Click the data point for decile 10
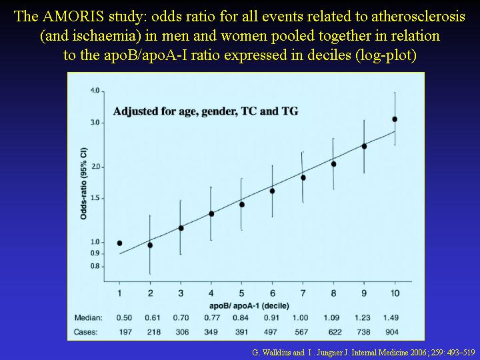coord(395,119)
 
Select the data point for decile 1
coord(120,243)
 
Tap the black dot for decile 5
coord(242,205)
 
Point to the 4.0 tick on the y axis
coord(102,91)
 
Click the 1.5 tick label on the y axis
coord(95,199)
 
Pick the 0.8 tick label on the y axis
coord(95,266)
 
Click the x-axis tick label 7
coord(303,293)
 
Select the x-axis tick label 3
coord(181,293)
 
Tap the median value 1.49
coord(391,318)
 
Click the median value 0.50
coord(124,318)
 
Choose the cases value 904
coord(392,332)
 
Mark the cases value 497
coord(270,332)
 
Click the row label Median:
coord(88,318)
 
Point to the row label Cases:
coord(86,332)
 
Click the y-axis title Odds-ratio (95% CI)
coord(83,184)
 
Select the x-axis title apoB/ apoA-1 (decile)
coord(249,306)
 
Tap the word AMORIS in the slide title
coord(73,17)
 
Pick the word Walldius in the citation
coord(277,353)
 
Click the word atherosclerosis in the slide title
coord(419,17)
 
